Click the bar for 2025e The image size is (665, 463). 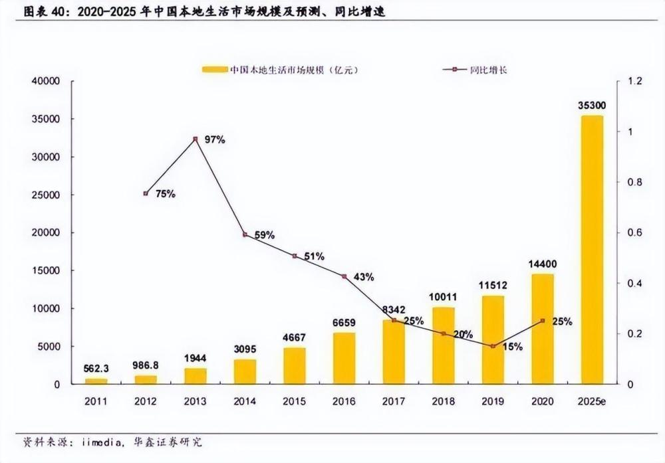tap(592, 250)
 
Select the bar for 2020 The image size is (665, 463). tap(543, 329)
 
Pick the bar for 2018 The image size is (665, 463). tap(444, 345)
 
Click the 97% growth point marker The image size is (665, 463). tap(196, 139)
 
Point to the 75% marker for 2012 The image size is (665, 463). tap(146, 193)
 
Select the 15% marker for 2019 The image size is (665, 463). tap(493, 346)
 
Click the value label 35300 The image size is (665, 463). tap(592, 106)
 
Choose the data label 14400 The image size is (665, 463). tap(543, 264)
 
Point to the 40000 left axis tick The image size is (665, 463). tap(45, 82)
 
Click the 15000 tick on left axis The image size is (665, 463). tap(45, 271)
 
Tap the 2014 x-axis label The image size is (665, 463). tap(245, 402)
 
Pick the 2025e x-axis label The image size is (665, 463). tap(592, 402)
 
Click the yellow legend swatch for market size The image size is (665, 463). tap(214, 69)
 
